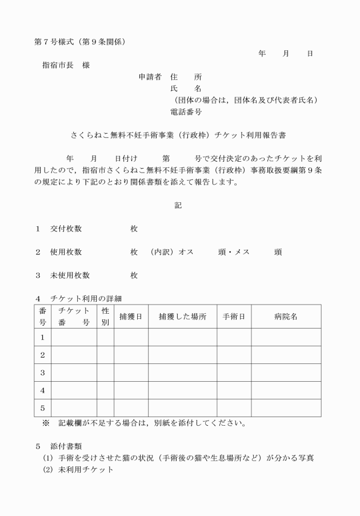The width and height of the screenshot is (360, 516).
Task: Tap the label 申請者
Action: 150,76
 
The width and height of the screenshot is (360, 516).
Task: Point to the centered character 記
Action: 178,205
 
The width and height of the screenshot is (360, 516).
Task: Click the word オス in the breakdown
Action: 186,252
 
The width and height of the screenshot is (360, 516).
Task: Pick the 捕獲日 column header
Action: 131,317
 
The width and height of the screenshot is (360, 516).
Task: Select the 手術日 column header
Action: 234,317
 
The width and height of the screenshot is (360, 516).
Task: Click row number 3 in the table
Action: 42,373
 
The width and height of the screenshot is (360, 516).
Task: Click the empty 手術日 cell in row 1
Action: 234,337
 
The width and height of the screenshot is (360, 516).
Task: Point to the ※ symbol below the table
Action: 46,424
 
